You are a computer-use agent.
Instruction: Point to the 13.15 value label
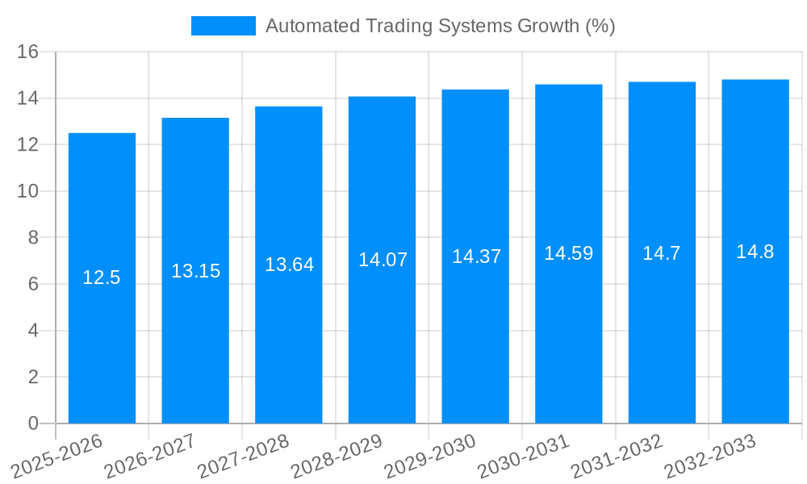[x=195, y=271]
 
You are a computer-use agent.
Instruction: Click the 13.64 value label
[x=289, y=265]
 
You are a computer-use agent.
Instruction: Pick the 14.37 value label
[x=476, y=257]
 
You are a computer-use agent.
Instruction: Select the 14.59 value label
[x=568, y=253]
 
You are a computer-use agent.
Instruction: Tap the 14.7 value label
[x=662, y=253]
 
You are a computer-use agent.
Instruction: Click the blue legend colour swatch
[x=223, y=26]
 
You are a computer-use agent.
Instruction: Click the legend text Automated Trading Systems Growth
[x=440, y=26]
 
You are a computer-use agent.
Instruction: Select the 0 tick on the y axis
[x=33, y=423]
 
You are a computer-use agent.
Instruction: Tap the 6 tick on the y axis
[x=33, y=285]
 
